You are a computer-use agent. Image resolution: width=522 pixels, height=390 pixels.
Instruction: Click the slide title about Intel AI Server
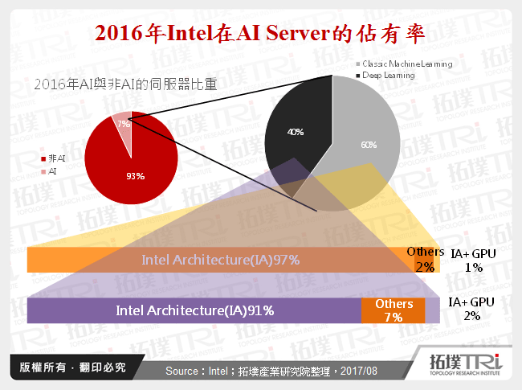pyautogui.click(x=260, y=33)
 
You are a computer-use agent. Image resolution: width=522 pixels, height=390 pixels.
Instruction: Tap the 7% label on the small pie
pyautogui.click(x=123, y=124)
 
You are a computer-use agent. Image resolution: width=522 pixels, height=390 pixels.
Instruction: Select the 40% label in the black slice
pyautogui.click(x=295, y=131)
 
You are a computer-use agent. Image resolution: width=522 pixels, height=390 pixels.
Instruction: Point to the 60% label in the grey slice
pyautogui.click(x=368, y=145)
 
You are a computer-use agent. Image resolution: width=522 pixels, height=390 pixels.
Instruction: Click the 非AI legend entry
pyautogui.click(x=55, y=160)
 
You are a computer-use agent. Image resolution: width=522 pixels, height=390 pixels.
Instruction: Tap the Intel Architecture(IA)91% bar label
pyautogui.click(x=195, y=310)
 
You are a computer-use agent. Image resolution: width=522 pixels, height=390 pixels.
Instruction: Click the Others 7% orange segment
pyautogui.click(x=394, y=310)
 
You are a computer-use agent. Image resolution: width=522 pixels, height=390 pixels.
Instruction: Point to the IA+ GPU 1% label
pyautogui.click(x=473, y=261)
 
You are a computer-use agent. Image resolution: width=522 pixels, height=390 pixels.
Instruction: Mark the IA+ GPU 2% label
pyautogui.click(x=471, y=309)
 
